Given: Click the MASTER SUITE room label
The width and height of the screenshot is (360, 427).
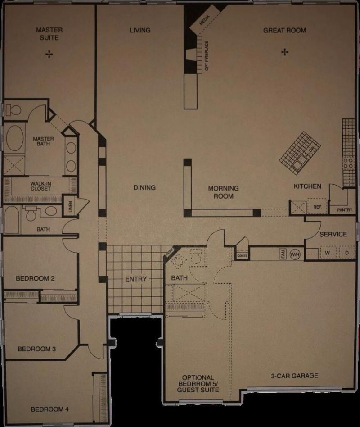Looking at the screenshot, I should (49, 34).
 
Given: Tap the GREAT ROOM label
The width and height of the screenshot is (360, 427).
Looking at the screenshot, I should (284, 30).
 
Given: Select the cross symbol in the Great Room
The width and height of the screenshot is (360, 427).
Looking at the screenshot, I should (284, 52).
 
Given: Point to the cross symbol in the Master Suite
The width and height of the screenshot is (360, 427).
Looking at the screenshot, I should (49, 54).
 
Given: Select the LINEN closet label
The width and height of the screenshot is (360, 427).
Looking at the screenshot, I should (71, 205).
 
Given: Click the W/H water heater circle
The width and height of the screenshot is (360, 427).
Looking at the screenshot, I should (295, 254).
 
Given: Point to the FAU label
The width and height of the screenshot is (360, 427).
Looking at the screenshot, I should (283, 254).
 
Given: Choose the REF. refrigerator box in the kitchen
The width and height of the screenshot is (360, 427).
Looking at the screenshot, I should (317, 207).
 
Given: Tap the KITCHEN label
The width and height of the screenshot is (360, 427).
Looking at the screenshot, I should (307, 186).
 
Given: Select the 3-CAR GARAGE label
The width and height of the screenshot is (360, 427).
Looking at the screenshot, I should (294, 375).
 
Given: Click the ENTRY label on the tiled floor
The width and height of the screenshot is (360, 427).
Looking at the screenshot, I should (136, 279).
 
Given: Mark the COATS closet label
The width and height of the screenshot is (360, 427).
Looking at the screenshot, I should (242, 255).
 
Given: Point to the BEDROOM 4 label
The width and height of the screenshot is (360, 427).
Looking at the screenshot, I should (49, 409).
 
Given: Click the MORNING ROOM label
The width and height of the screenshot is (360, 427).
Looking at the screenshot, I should (223, 192).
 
